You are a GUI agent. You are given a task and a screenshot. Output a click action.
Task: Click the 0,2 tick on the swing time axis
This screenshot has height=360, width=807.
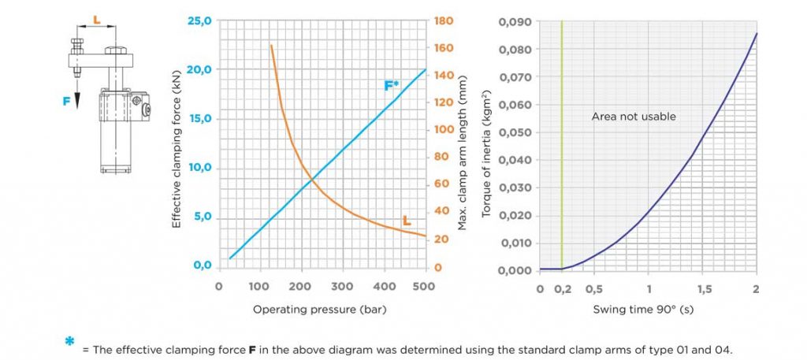(x=561, y=288)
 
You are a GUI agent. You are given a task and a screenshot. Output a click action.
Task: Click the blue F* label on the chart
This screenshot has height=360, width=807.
(x=392, y=85)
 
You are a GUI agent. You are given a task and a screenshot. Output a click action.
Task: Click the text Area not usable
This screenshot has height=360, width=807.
(x=634, y=117)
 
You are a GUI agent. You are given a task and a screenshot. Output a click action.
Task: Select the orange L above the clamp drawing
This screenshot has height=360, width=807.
(x=96, y=17)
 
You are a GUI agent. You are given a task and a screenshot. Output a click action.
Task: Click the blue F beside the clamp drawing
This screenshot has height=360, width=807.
(x=67, y=101)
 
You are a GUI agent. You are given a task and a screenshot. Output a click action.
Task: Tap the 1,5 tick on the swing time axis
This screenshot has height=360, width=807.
(x=701, y=288)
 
